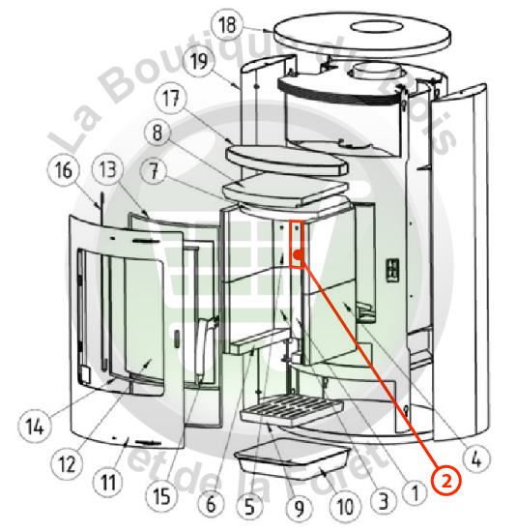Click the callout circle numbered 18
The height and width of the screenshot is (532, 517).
click(x=227, y=24)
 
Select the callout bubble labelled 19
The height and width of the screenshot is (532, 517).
click(x=199, y=61)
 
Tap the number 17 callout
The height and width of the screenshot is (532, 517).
click(x=170, y=99)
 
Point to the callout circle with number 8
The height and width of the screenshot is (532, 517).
click(x=158, y=133)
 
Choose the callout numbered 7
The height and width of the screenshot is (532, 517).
click(x=155, y=170)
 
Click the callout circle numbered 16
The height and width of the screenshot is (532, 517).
click(x=64, y=169)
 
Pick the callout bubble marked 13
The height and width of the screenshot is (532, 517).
click(x=108, y=168)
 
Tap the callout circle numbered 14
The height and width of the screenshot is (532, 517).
click(x=35, y=427)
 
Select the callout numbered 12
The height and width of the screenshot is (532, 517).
click(x=67, y=463)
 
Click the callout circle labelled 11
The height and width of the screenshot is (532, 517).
click(x=108, y=482)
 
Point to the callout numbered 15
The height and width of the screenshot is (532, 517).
click(x=161, y=497)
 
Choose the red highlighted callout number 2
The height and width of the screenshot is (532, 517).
click(x=446, y=481)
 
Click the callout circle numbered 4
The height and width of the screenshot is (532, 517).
click(x=476, y=460)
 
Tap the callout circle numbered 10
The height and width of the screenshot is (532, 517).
click(x=345, y=507)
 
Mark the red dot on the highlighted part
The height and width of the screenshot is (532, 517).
click(x=298, y=254)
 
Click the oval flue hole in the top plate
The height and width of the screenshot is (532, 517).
click(x=377, y=27)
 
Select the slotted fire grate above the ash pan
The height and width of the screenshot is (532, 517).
click(x=292, y=409)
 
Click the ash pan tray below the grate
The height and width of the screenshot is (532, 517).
click(x=292, y=458)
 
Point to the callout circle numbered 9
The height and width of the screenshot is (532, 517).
click(x=299, y=508)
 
